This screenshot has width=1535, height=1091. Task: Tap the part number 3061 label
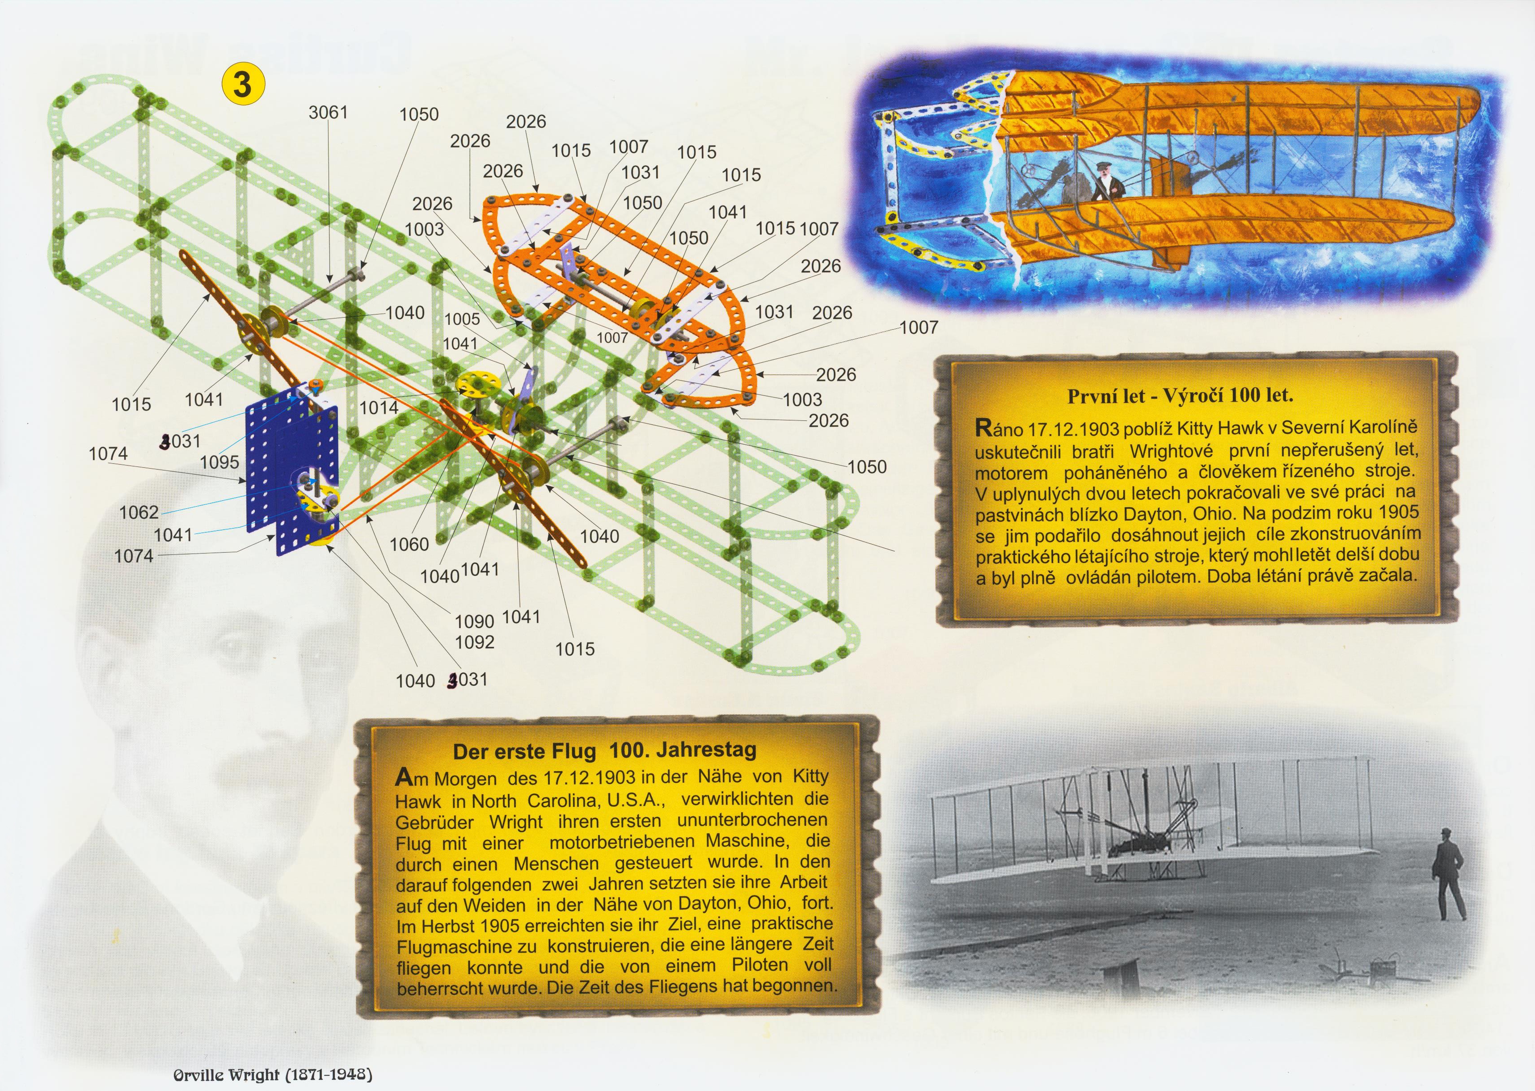(328, 112)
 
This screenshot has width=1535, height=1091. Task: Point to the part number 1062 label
(139, 512)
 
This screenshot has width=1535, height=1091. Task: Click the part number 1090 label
(474, 621)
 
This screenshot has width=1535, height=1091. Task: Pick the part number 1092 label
(474, 642)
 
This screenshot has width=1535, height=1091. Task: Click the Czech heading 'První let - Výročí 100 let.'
(1180, 396)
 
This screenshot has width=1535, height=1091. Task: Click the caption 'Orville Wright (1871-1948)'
(273, 1074)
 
